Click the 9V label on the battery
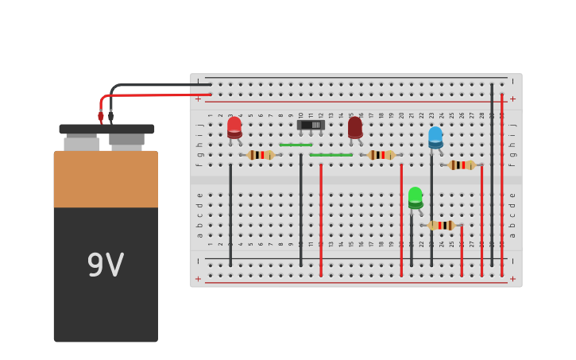tap(106, 266)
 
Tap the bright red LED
tap(234, 127)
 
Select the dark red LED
tap(355, 127)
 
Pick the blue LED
tap(435, 137)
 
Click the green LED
tap(416, 197)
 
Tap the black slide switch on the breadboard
tap(311, 125)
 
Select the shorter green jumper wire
tap(296, 145)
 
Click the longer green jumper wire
tap(331, 155)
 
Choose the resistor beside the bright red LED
tap(261, 155)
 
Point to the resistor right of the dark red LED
tap(381, 155)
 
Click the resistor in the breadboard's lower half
tap(442, 226)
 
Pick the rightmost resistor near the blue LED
tap(462, 165)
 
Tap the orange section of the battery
tap(106, 179)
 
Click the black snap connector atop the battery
tap(106, 129)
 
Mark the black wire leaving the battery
tap(159, 84)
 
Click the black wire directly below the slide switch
tap(301, 211)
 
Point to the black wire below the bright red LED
tap(230, 215)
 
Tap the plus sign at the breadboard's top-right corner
tap(512, 99)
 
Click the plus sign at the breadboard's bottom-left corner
tap(199, 279)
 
